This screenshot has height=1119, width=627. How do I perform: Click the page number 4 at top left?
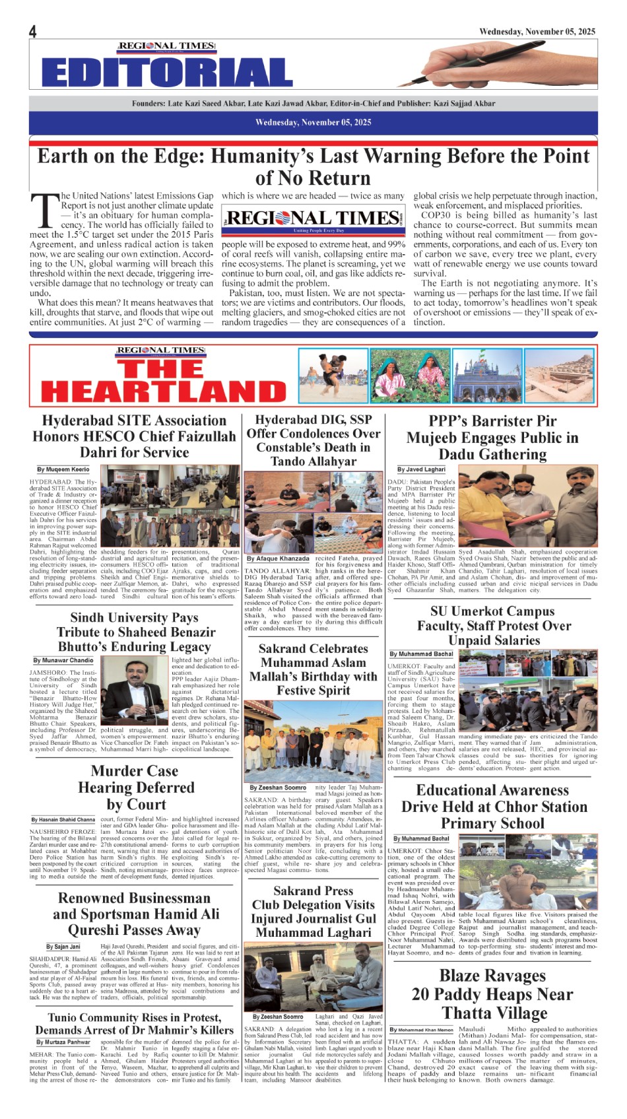[x=33, y=32]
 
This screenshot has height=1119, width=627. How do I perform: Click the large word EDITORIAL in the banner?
[x=167, y=72]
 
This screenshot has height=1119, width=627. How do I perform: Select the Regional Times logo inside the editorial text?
[x=313, y=220]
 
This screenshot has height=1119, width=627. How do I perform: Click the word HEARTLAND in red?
[x=164, y=391]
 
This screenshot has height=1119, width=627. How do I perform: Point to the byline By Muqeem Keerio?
[x=63, y=469]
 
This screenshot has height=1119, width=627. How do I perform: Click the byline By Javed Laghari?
[x=421, y=469]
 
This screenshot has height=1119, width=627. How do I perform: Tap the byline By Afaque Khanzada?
[x=277, y=559]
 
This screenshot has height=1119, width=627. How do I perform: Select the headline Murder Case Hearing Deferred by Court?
[x=136, y=788]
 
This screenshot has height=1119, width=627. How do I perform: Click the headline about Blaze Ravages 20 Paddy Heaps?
[x=492, y=994]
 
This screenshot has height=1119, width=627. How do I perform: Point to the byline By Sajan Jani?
[x=63, y=947]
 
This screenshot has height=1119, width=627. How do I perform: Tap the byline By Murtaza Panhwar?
[x=63, y=1042]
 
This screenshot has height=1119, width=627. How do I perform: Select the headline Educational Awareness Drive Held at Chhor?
[x=492, y=807]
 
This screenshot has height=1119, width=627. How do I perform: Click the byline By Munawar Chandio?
[x=63, y=660]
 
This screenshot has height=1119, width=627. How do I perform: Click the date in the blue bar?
[x=313, y=122]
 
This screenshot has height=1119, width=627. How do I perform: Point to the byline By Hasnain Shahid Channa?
[x=63, y=820]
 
